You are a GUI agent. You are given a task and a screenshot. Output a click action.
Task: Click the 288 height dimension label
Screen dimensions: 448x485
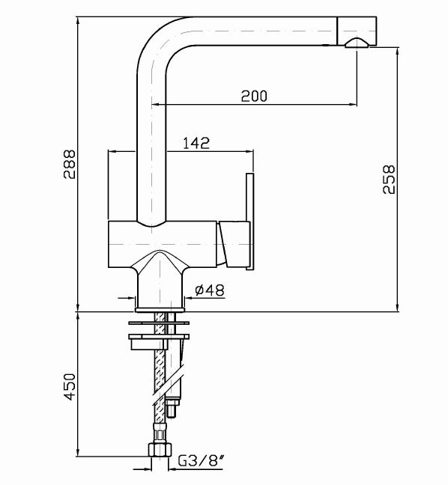(70, 164)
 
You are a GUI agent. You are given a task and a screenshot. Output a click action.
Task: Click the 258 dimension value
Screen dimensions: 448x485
(389, 180)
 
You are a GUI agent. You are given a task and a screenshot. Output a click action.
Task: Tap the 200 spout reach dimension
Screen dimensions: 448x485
(254, 97)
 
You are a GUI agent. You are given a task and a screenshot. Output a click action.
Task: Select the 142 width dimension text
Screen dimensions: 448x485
(196, 143)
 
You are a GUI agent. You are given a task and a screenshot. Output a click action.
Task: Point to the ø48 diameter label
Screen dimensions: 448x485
(210, 290)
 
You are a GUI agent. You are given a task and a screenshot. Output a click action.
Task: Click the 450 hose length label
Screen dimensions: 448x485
(70, 387)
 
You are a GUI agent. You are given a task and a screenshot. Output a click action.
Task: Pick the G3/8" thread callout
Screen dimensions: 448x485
(201, 461)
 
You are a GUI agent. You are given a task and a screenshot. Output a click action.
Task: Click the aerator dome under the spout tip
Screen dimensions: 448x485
(357, 43)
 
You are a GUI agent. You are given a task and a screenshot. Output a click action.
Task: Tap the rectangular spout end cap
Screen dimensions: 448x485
(357, 31)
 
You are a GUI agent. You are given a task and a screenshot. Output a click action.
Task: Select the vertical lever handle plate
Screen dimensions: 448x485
(250, 222)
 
